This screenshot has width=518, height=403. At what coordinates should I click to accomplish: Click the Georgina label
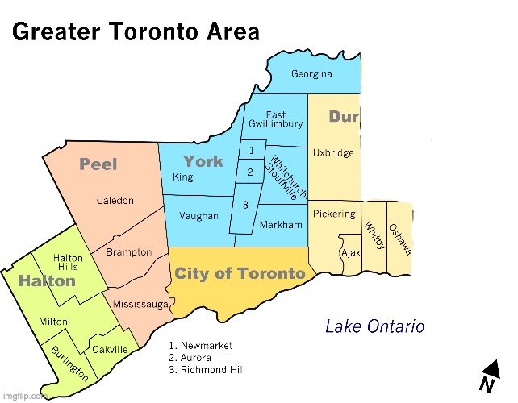pos(311,74)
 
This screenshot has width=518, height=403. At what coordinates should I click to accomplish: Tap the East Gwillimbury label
pos(276,119)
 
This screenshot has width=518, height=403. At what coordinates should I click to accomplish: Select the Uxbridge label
pos(334,153)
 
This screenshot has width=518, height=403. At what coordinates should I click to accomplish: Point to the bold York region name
pos(203,161)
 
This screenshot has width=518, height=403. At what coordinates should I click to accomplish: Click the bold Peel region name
pos(98,164)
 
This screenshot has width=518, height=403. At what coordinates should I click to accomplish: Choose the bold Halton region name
pos(47,281)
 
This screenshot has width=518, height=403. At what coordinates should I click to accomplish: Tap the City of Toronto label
pos(240,274)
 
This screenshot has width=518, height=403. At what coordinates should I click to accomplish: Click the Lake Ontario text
pos(374,326)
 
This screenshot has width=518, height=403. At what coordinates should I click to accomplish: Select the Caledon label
pos(115,201)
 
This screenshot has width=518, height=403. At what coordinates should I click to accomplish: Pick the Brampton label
pos(129,252)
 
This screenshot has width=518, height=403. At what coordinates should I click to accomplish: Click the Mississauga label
pos(140,305)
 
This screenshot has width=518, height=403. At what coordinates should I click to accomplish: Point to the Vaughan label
pos(198,216)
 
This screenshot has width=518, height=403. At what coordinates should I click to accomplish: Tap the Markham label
pos(282,223)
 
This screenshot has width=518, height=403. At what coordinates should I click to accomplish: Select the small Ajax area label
pos(351,252)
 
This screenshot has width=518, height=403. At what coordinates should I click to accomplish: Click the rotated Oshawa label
pos(400,239)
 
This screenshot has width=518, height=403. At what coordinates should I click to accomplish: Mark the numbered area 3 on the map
pos(245,206)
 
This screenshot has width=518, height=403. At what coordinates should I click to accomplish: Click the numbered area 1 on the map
pos(253,151)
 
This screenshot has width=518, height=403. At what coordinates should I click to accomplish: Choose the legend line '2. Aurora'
pos(190,357)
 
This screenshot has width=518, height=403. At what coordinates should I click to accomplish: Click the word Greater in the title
pos(53,32)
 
